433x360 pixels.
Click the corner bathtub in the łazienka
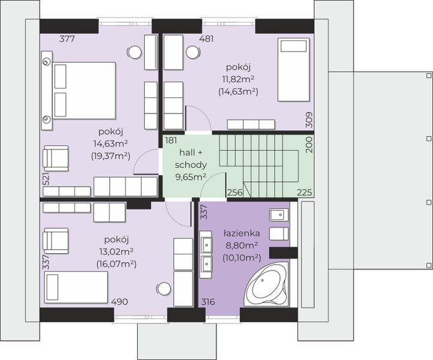[266, 284]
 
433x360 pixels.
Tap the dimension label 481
[206, 38]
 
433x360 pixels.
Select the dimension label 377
[67, 38]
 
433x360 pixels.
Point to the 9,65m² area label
[191, 176]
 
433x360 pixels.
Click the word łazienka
[241, 233]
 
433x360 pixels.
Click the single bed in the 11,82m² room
[293, 70]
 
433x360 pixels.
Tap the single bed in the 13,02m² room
[76, 287]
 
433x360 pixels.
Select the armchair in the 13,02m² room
[56, 241]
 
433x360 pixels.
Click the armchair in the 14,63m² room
[56, 158]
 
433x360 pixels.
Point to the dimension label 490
[119, 302]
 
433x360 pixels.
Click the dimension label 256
[234, 193]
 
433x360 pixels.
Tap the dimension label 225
[305, 192]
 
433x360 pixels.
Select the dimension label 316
[208, 302]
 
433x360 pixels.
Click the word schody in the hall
[191, 165]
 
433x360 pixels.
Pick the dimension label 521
[46, 179]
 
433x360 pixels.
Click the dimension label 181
[171, 140]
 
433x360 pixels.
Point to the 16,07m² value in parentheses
[116, 264]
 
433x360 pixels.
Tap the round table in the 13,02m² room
[164, 289]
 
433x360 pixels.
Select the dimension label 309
[309, 119]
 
